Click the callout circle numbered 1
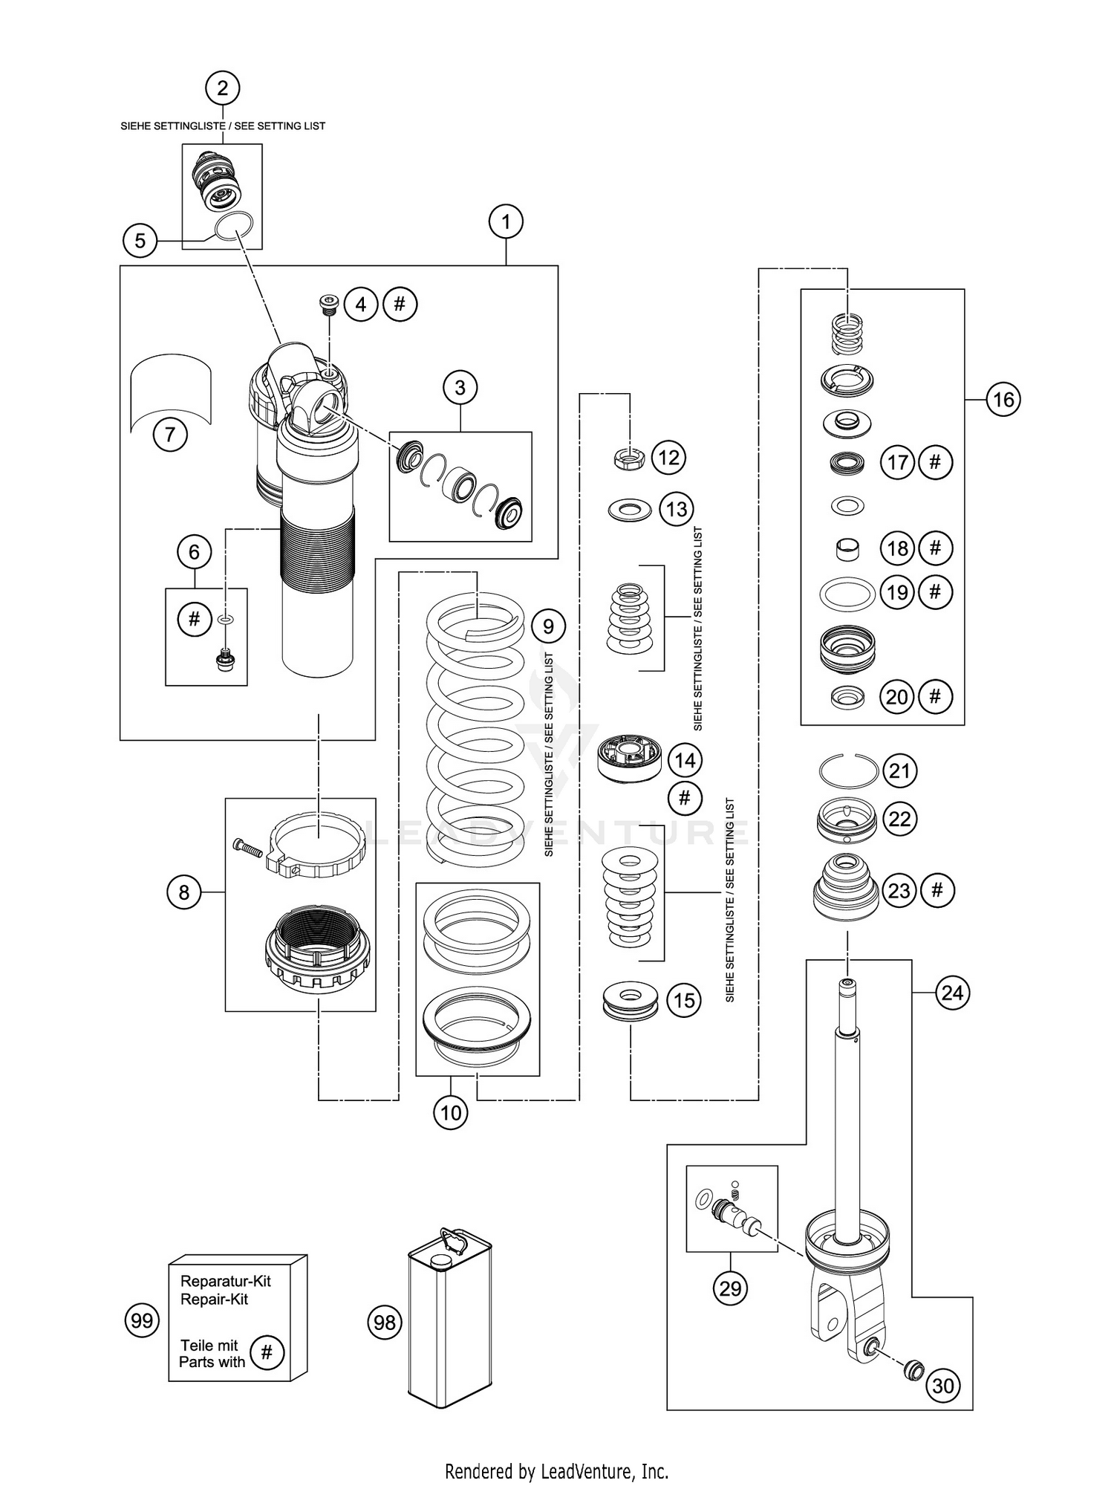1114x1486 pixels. (506, 221)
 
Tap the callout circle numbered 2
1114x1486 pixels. (223, 88)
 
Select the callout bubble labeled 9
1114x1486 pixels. (548, 626)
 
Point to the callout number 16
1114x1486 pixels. (1003, 400)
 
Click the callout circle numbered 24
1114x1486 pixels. (953, 993)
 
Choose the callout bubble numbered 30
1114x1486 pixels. (943, 1386)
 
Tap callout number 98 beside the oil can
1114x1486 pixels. (385, 1323)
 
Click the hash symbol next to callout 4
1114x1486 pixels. (400, 304)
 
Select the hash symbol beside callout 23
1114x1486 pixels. (937, 890)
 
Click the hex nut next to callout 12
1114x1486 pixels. (629, 458)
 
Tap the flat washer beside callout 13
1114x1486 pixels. (629, 510)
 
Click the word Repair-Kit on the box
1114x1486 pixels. (214, 1300)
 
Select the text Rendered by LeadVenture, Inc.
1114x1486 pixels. (556, 1470)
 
